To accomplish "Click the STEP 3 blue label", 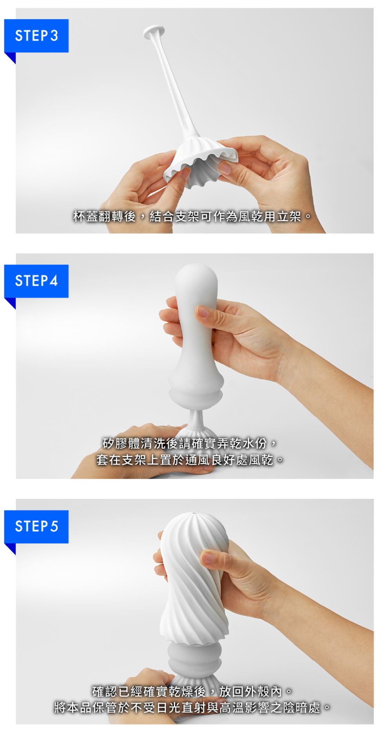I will click(36, 36).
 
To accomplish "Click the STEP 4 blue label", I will click(36, 281).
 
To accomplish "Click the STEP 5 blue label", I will click(36, 526).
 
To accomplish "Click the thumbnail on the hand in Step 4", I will click(203, 312).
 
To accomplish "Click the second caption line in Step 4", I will click(190, 460).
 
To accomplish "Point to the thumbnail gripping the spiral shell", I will click(210, 557).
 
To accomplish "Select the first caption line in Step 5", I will click(192, 691).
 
